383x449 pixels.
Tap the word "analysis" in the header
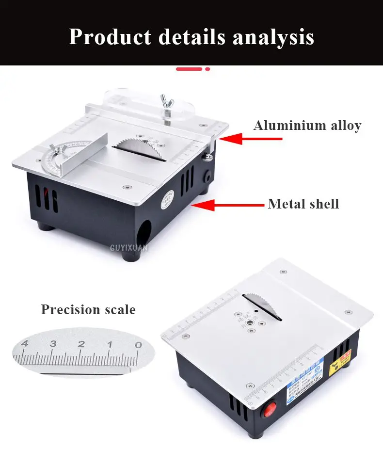point(273,37)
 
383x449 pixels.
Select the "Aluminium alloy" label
point(307,126)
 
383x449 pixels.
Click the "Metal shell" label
point(303,204)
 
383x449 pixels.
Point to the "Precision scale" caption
point(88,309)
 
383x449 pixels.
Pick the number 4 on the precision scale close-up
point(25,344)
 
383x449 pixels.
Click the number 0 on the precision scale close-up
point(138,344)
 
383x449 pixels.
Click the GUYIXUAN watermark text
point(129,248)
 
